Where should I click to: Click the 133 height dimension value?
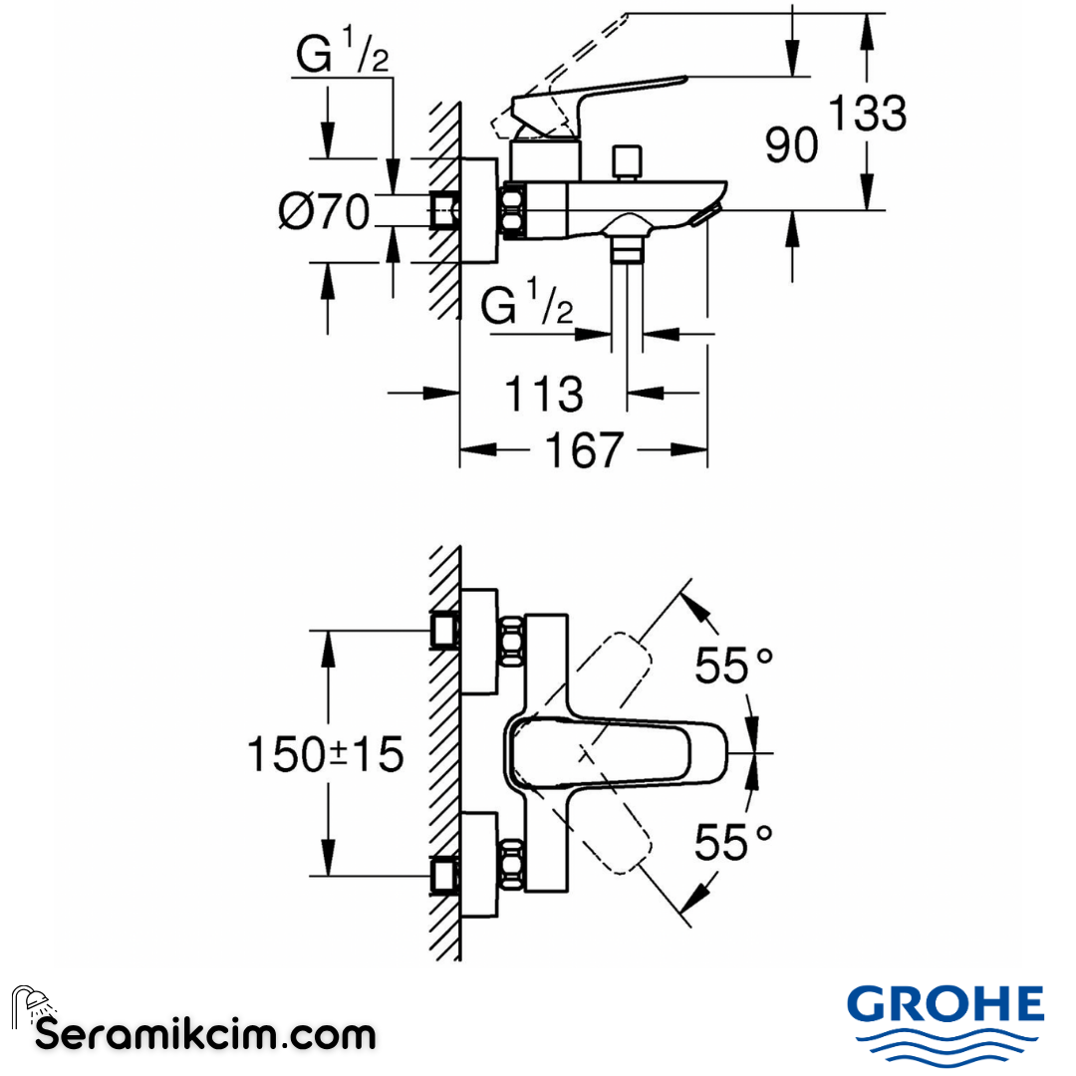pyautogui.click(x=868, y=115)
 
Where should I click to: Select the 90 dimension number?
pyautogui.click(x=791, y=146)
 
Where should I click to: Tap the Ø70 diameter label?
pyautogui.click(x=325, y=211)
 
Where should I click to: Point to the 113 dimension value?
pyautogui.click(x=544, y=394)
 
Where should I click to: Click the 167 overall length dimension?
pyautogui.click(x=583, y=450)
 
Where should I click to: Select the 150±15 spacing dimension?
pyautogui.click(x=325, y=754)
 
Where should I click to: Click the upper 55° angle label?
pyautogui.click(x=734, y=666)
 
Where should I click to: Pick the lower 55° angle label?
pyautogui.click(x=734, y=843)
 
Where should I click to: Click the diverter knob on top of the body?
pyautogui.click(x=628, y=161)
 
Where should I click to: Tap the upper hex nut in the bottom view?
pyautogui.click(x=511, y=643)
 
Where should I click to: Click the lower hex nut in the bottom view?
pyautogui.click(x=511, y=864)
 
